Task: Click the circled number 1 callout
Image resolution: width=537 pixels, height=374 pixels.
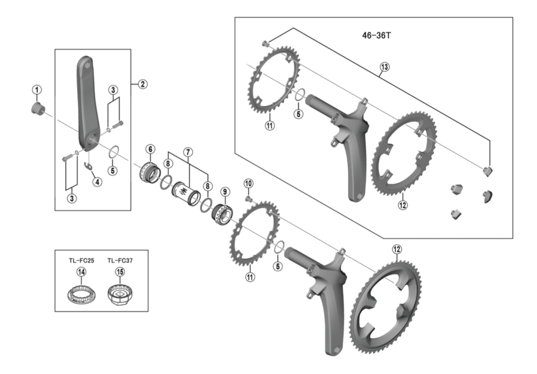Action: tap(37, 89)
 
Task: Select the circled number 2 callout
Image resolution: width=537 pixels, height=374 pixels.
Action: tap(142, 83)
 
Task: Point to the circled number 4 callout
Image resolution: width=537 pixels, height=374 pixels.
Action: tap(96, 181)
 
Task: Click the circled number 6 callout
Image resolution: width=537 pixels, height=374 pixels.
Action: tap(150, 149)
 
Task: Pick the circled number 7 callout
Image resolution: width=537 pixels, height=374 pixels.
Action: tap(188, 152)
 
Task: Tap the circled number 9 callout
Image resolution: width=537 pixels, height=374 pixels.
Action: tap(224, 193)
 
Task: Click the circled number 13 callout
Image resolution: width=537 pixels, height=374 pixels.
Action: tap(385, 67)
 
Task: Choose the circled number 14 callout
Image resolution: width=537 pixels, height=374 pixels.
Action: tap(81, 272)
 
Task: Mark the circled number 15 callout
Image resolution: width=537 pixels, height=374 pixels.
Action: tap(120, 272)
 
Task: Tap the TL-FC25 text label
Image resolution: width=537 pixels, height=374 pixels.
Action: tap(81, 260)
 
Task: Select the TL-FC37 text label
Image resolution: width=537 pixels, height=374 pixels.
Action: tap(120, 260)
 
